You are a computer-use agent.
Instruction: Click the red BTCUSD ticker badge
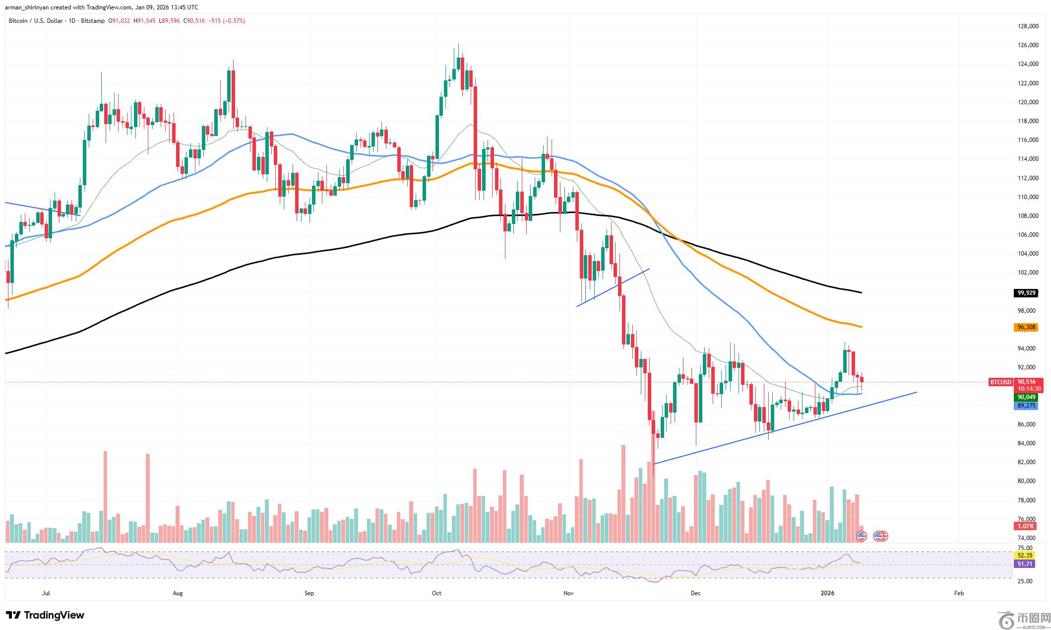(x=1000, y=382)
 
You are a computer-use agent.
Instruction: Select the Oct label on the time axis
(x=436, y=593)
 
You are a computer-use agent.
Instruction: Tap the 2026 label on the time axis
(x=827, y=593)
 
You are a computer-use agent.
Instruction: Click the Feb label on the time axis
(x=959, y=593)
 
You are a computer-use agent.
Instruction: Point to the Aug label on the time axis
(x=178, y=593)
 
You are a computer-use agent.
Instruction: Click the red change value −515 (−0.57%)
(x=227, y=21)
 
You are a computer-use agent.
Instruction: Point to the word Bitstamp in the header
(x=94, y=21)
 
